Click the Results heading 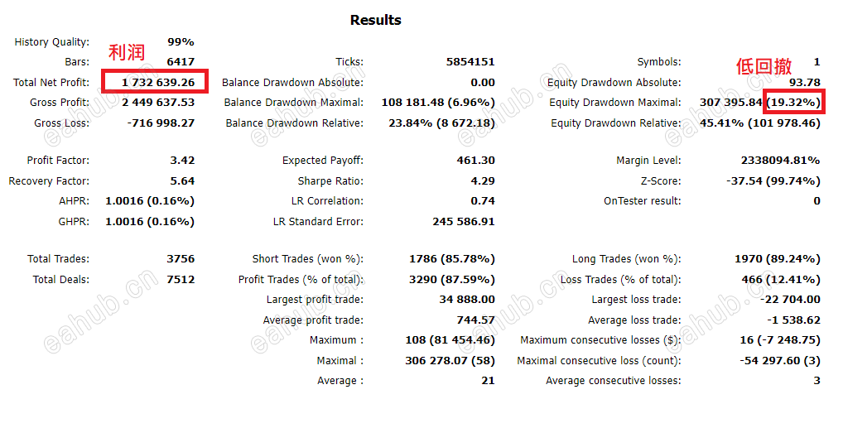point(375,20)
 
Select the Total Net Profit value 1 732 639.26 point(157,82)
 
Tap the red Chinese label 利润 point(127,53)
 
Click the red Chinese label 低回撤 point(764,67)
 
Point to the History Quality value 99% point(181,42)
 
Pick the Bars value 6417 point(181,62)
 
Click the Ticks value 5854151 point(470,62)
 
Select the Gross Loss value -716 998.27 point(161,123)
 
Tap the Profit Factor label point(58,161)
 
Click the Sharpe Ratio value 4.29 point(482,180)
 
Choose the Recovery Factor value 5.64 point(181,180)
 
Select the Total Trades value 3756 point(181,259)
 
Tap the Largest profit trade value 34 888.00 point(467,300)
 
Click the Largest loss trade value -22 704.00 point(791,300)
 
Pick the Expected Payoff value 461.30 point(475,161)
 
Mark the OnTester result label point(643,201)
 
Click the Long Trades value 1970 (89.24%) point(778,259)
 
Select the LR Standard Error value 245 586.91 point(464,222)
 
